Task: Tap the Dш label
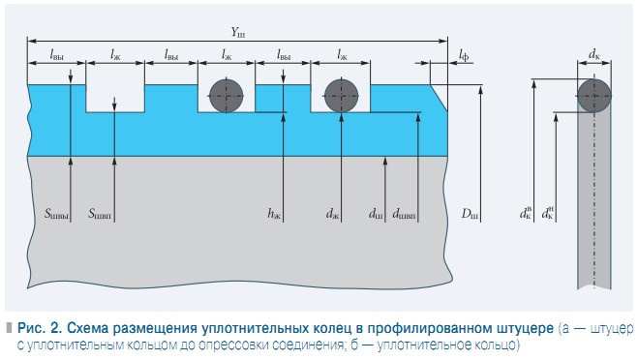[469, 213]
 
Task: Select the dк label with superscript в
[526, 212]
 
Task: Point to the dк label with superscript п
[549, 212]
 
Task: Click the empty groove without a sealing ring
[115, 96]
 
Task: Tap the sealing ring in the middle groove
[228, 95]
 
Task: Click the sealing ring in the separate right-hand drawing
[593, 95]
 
